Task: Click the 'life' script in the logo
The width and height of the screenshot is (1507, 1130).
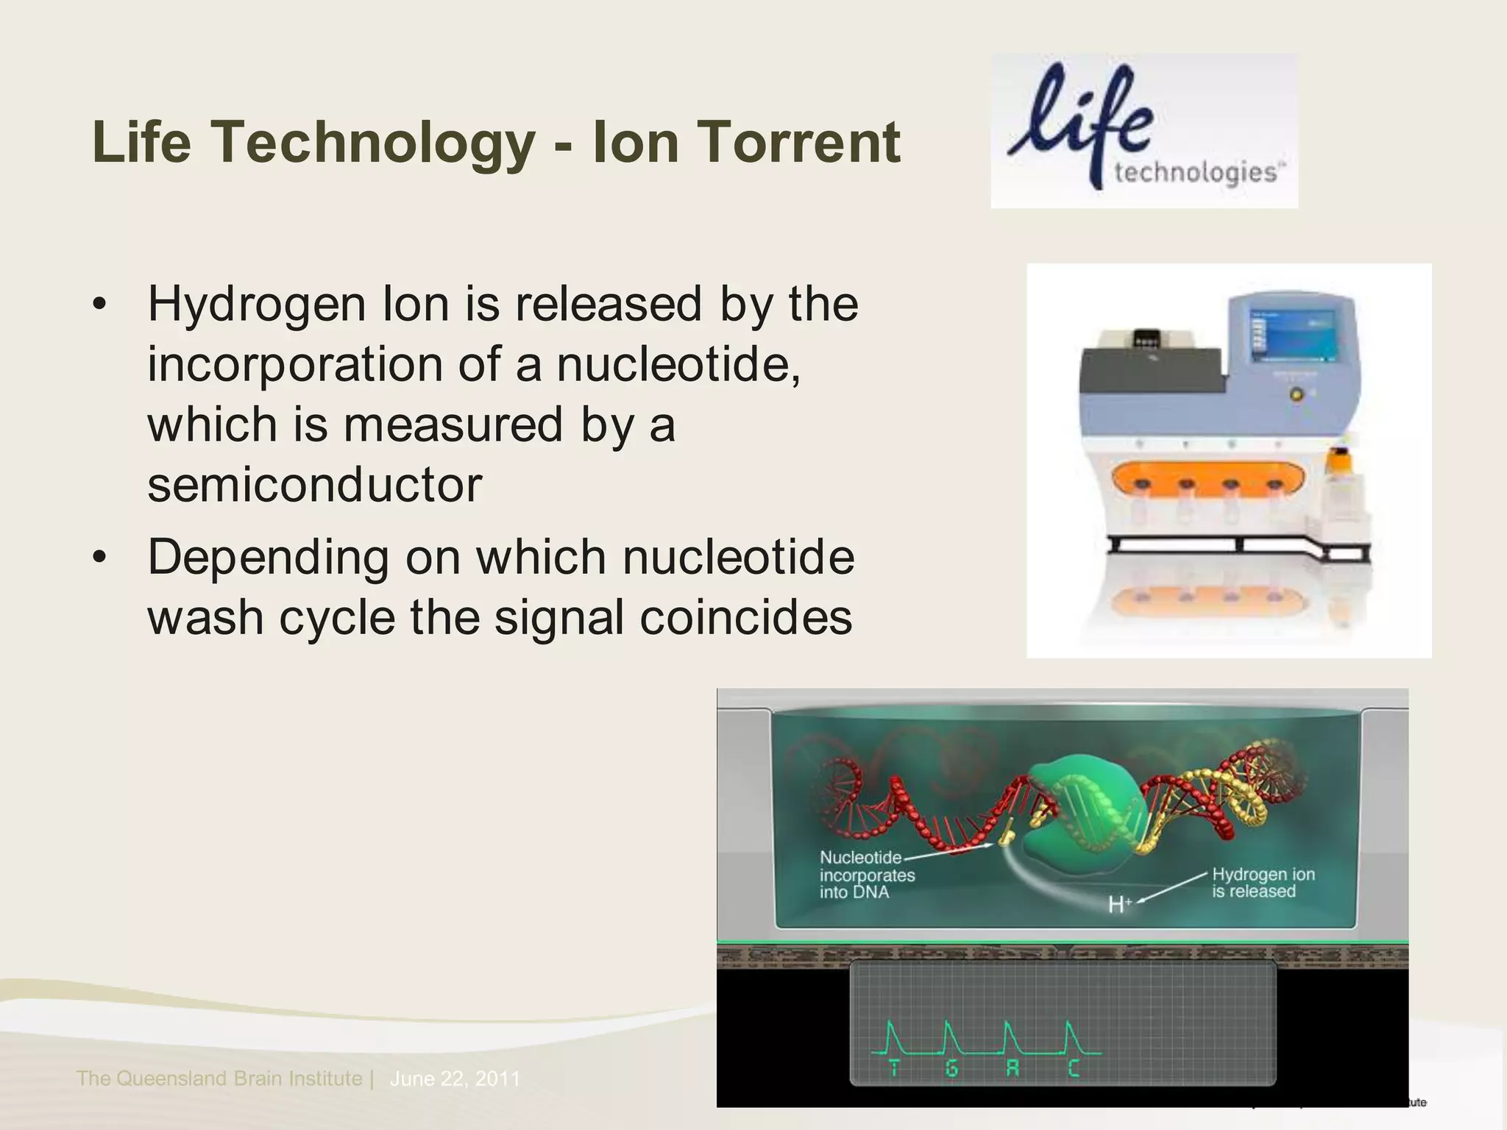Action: pos(1080,118)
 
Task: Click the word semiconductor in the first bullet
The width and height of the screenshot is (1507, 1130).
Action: pos(314,486)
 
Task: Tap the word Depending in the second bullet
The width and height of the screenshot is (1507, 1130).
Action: pos(268,558)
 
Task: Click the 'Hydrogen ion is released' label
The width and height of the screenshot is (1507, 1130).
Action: pos(1263,883)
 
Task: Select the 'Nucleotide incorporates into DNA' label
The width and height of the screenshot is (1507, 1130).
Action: pos(867,875)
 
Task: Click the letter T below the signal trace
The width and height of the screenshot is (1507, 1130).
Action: pos(894,1067)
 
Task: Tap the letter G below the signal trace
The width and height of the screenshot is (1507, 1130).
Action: pos(951,1067)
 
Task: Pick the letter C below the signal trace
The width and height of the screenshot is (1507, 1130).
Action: pos(1074,1067)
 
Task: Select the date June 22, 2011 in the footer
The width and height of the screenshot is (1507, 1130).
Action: pos(455,1079)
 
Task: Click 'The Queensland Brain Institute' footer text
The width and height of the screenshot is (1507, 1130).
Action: pos(219,1079)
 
